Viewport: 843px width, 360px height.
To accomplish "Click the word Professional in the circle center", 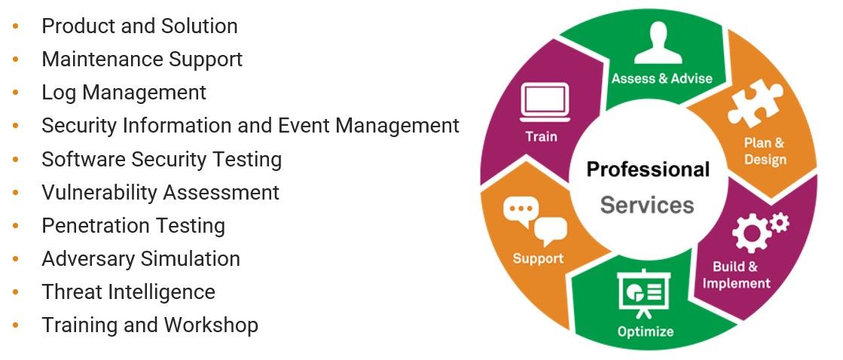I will click(648, 169).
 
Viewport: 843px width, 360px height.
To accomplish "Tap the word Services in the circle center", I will click(647, 204).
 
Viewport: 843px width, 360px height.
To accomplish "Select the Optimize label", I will click(646, 331).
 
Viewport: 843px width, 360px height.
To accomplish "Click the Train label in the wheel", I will click(542, 136).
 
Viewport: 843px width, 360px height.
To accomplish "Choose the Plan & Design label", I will click(765, 151).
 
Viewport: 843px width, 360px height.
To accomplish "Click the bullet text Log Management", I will click(124, 93).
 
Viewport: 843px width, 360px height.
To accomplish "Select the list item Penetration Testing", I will click(133, 225).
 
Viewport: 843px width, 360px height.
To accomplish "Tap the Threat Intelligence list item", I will click(128, 291).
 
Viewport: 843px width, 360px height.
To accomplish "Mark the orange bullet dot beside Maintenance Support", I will click(16, 59).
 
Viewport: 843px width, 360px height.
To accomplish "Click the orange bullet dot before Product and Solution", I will click(16, 26).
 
